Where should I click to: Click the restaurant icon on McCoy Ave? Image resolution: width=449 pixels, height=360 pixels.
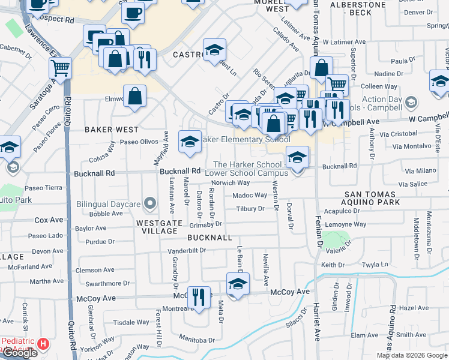tap(199, 296)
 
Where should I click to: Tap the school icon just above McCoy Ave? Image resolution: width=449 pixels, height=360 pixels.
tap(238, 283)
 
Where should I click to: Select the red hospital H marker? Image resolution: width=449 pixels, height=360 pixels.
tap(43, 344)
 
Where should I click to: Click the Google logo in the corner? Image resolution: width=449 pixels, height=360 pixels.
tap(20, 353)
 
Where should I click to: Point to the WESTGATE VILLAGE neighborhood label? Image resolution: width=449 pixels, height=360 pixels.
tap(160, 223)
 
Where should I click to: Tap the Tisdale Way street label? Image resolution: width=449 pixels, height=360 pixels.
tap(131, 322)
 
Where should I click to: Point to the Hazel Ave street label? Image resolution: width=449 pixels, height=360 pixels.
tap(412, 307)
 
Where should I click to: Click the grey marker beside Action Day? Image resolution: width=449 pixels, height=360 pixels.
tap(411, 102)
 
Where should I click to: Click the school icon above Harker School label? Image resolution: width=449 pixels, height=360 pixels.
tap(297, 157)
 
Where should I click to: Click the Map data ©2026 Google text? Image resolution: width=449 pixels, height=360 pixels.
tap(412, 355)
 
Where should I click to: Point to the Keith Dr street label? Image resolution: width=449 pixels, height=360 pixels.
tap(333, 265)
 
